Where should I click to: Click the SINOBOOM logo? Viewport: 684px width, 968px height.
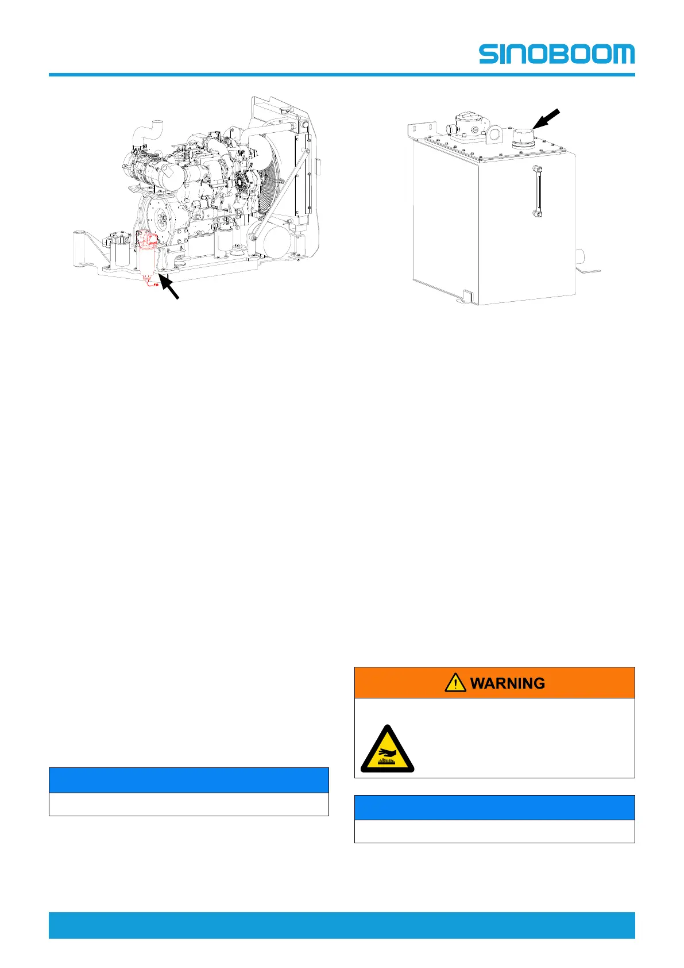coord(557,54)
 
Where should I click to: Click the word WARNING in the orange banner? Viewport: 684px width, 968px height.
coord(507,683)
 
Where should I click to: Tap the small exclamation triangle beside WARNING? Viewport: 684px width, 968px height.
coord(455,683)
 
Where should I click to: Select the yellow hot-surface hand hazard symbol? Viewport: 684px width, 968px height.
coord(387,750)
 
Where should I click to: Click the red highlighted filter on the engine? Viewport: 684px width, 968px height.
coord(149,256)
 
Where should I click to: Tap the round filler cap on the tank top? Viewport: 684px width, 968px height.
coord(523,137)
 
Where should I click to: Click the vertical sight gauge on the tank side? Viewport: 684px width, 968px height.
coord(538,191)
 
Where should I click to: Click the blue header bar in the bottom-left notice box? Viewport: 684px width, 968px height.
coord(188,780)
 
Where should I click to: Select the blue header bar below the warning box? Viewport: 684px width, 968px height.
coord(494,807)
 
